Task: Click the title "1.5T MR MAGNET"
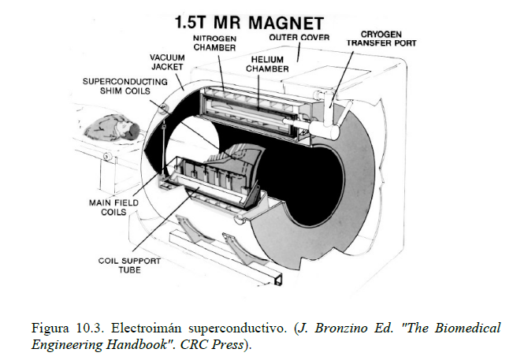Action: click(249, 23)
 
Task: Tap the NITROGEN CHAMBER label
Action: click(214, 43)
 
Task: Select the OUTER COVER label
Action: click(299, 38)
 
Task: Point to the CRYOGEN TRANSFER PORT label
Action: click(381, 39)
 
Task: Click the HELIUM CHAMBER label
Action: click(267, 64)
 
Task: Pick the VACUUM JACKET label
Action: click(168, 62)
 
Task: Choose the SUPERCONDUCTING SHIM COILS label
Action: click(125, 86)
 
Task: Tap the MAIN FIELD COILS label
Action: click(113, 207)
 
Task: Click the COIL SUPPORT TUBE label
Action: click(129, 265)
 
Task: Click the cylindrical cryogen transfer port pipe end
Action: click(334, 132)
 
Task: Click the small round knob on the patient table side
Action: click(106, 156)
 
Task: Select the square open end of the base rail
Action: click(278, 280)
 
